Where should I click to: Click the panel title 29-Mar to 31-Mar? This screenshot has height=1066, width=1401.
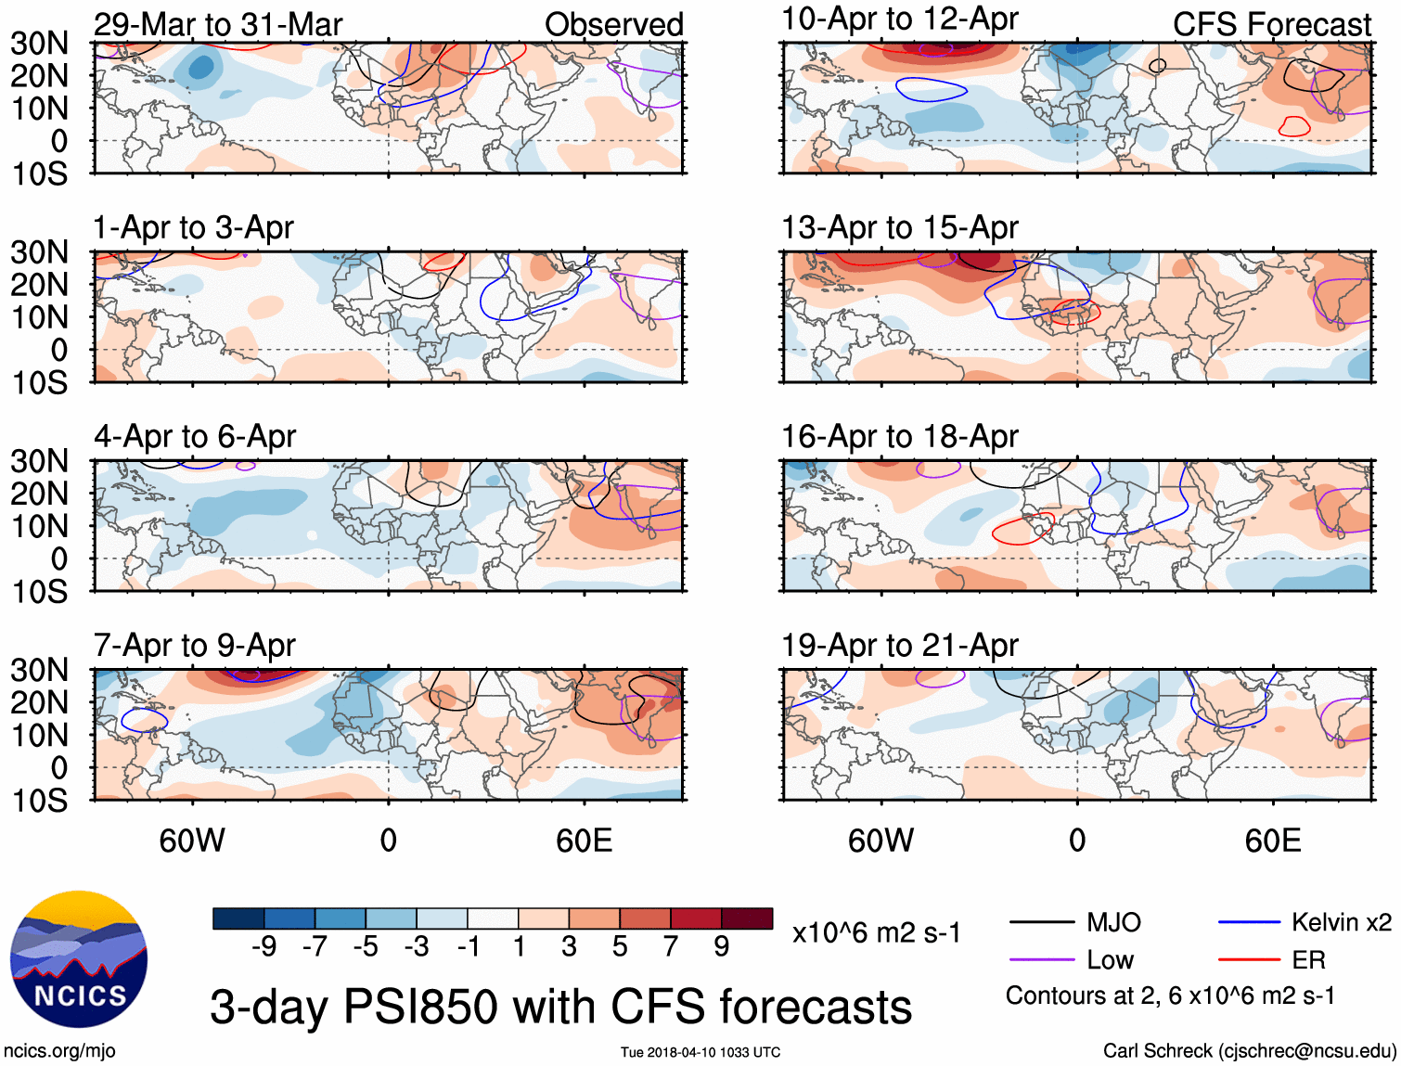pyautogui.click(x=218, y=24)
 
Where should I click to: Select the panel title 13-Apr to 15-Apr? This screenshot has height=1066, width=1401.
pyautogui.click(x=899, y=227)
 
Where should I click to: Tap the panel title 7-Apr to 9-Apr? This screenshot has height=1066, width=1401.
pyautogui.click(x=194, y=645)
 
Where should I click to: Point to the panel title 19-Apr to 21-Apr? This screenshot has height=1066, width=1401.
pyautogui.click(x=899, y=645)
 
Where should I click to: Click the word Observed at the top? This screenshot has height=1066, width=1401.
pyautogui.click(x=613, y=25)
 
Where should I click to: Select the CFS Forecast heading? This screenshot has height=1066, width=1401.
pyautogui.click(x=1271, y=25)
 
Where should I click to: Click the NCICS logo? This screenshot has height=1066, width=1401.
pyautogui.click(x=79, y=959)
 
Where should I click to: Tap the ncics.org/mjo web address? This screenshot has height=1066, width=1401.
pyautogui.click(x=59, y=1050)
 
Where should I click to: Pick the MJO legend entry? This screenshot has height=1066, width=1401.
pyautogui.click(x=1112, y=922)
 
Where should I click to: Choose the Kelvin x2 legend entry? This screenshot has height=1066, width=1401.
pyautogui.click(x=1341, y=922)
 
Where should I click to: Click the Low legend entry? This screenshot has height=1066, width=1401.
pyautogui.click(x=1110, y=960)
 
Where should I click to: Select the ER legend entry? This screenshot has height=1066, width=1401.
pyautogui.click(x=1308, y=960)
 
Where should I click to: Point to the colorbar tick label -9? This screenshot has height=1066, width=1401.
pyautogui.click(x=264, y=946)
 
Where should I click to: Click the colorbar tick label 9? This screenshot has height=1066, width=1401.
pyautogui.click(x=722, y=946)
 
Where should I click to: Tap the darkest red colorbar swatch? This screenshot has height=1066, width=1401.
pyautogui.click(x=747, y=918)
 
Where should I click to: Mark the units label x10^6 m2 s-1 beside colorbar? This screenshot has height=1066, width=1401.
pyautogui.click(x=876, y=932)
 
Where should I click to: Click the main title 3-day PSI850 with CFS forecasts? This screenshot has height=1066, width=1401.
pyautogui.click(x=560, y=1007)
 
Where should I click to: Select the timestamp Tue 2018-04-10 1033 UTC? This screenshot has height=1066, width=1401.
pyautogui.click(x=700, y=1052)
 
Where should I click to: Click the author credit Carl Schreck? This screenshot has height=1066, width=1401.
pyautogui.click(x=1249, y=1050)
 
